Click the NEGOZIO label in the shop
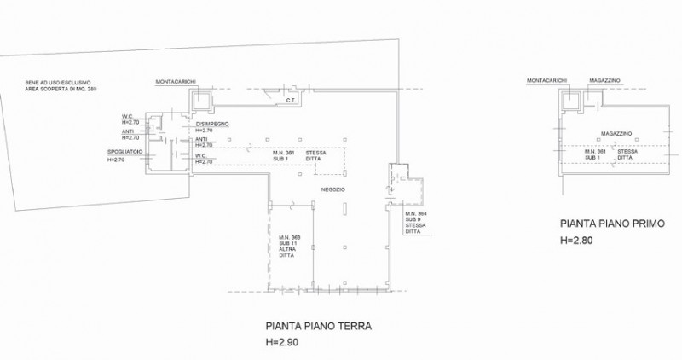[x=332, y=189]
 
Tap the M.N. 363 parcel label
[x=291, y=235]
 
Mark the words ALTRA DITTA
[x=289, y=253]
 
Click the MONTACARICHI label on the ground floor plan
[x=176, y=82]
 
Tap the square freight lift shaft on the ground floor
[x=201, y=101]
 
